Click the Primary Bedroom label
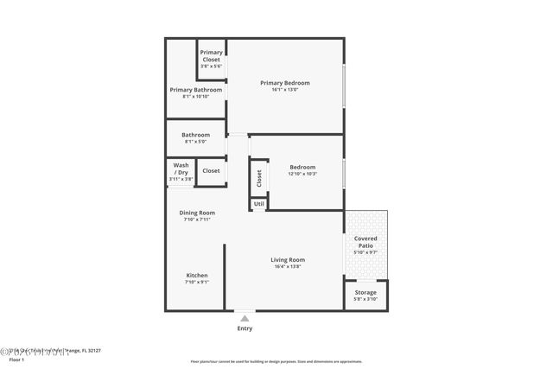click(x=284, y=83)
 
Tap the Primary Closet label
click(x=211, y=55)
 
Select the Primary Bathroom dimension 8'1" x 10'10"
click(x=196, y=97)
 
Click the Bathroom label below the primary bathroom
click(x=196, y=135)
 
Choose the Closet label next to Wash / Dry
click(x=211, y=170)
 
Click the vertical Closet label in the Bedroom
click(x=259, y=177)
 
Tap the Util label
click(x=258, y=204)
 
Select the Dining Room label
click(x=197, y=213)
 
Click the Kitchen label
click(x=196, y=275)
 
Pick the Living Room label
click(x=288, y=259)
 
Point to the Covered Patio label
click(x=365, y=242)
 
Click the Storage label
click(x=365, y=292)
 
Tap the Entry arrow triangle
click(x=245, y=318)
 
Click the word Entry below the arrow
click(x=245, y=328)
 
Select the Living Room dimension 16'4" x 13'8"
click(x=288, y=266)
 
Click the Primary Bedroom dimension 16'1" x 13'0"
click(x=284, y=90)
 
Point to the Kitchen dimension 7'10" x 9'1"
click(x=196, y=282)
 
